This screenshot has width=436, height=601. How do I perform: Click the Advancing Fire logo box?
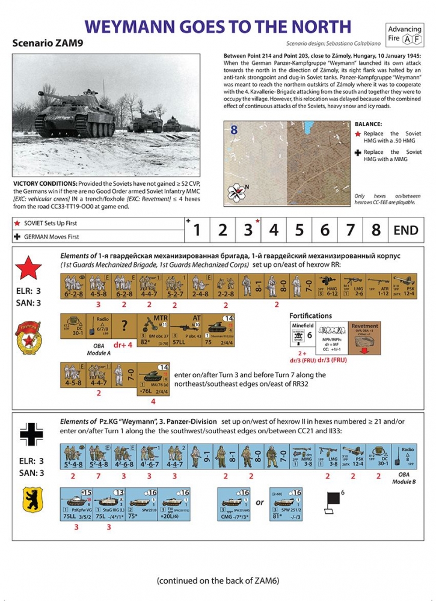(404, 34)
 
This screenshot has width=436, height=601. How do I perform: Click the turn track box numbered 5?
(299, 230)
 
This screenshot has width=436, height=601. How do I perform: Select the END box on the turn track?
(405, 230)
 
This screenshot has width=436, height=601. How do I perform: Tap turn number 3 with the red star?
(248, 230)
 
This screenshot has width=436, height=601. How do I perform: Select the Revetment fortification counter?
(365, 337)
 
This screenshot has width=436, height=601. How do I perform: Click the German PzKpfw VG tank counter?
(76, 504)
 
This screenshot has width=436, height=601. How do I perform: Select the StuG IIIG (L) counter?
(109, 504)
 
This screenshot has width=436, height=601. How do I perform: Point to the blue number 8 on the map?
(234, 130)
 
